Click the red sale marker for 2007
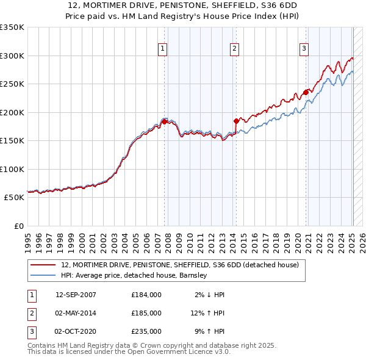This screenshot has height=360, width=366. (164, 121)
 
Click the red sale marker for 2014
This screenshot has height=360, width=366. (235, 121)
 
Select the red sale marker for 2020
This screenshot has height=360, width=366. (305, 93)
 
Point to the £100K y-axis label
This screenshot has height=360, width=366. (12, 169)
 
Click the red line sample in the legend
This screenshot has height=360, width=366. (43, 265)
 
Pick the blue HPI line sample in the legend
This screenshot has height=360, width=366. (43, 276)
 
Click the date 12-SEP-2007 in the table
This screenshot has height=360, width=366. (76, 295)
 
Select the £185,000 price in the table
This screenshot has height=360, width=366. (146, 313)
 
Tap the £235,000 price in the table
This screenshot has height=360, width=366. (146, 331)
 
